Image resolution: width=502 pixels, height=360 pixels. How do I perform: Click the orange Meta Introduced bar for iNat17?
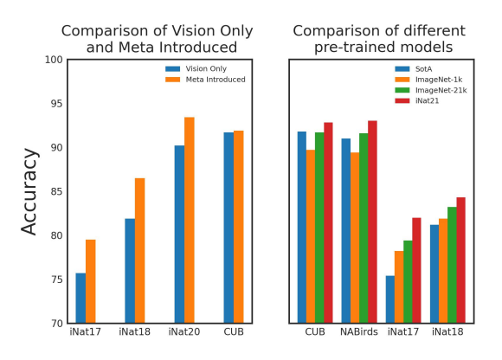(91, 281)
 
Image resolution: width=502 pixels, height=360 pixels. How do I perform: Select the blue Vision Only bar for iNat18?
(130, 271)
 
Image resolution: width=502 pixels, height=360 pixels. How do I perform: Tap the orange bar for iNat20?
(190, 220)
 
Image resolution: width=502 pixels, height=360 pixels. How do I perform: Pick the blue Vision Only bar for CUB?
(228, 228)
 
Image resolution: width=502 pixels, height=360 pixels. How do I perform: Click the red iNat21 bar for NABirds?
(372, 222)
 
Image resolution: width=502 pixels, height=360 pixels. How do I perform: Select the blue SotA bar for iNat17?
(390, 299)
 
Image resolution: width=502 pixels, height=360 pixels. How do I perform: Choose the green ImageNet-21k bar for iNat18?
(452, 265)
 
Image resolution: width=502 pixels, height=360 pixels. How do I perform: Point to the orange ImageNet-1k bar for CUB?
(311, 236)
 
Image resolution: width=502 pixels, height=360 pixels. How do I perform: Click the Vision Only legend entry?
(196, 68)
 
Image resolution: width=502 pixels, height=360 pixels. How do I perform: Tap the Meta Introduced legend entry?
(205, 80)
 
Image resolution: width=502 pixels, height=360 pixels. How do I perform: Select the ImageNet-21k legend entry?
(431, 90)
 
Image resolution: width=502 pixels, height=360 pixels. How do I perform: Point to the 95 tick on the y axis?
(56, 104)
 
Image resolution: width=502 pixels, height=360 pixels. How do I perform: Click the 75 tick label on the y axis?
(56, 280)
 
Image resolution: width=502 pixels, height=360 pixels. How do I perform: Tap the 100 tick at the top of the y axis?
(54, 60)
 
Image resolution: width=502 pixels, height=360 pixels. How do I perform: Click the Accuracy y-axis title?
(29, 192)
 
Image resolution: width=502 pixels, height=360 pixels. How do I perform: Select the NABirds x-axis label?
(359, 331)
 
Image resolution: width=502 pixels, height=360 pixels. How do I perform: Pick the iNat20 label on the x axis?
(184, 331)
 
